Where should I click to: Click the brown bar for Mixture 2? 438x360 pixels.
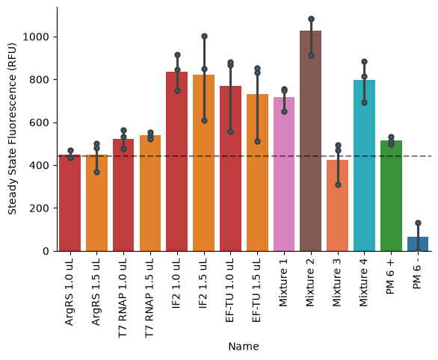point(311,141)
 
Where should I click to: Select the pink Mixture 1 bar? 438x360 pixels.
point(284,174)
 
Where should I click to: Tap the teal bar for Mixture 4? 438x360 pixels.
point(364,166)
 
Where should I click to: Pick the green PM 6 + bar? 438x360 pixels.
point(391,196)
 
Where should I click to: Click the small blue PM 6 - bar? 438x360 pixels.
point(418,244)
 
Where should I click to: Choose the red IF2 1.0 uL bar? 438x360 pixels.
point(177,161)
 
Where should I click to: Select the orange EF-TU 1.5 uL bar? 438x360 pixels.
point(257,173)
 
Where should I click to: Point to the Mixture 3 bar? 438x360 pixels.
point(337,205)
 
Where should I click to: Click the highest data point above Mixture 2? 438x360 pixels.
point(311,19)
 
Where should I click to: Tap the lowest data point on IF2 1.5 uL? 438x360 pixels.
point(205,121)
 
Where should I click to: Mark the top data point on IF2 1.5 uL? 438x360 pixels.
point(205,36)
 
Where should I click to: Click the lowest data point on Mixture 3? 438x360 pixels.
point(338,184)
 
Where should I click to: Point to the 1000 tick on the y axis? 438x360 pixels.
point(55,37)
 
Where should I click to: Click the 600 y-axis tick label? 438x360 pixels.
point(39,122)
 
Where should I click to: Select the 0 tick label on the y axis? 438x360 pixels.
point(46,251)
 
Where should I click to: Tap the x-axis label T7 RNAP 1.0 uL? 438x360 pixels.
point(123,298)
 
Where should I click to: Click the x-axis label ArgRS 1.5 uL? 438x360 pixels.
point(96,292)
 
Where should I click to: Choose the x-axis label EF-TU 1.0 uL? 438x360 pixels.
point(229,291)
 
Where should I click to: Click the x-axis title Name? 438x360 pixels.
point(244,347)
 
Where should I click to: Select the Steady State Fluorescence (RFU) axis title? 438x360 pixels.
point(12,129)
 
